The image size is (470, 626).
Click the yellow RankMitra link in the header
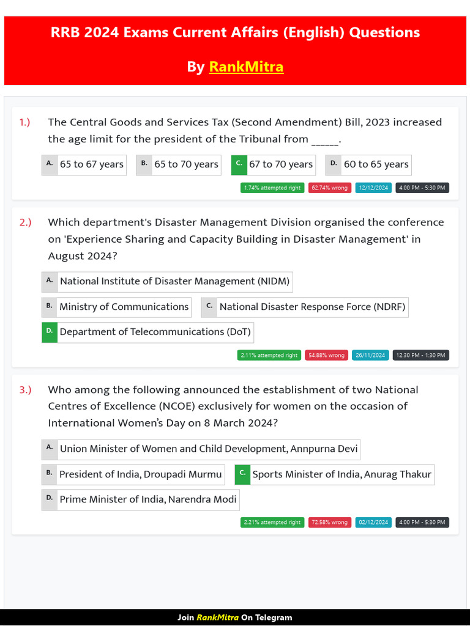246,67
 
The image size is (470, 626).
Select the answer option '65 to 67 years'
91,164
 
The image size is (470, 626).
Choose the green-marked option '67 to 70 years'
280,164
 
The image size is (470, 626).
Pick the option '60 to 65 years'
375,164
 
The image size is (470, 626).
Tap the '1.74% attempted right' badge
272,188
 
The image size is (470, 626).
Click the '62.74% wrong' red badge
329,188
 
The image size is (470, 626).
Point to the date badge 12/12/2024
374,188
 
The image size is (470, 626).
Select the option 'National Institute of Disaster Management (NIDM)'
174,282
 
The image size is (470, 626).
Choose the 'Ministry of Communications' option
124,307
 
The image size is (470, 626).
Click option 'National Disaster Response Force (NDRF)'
312,307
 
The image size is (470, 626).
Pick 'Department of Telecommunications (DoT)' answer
155,332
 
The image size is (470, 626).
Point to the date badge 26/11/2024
370,355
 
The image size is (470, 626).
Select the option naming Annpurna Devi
208,449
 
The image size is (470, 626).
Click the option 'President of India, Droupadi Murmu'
140,474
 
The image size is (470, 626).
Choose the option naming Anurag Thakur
341,474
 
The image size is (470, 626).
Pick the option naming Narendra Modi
147,499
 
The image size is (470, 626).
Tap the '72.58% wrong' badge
329,523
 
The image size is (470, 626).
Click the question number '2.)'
25,223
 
